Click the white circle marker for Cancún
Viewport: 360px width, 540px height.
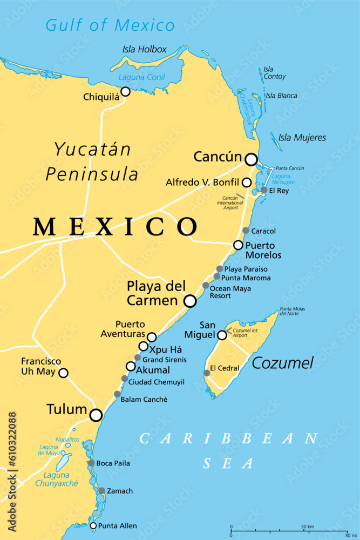pos(251,159)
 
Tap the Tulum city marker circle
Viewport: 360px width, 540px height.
pos(96,415)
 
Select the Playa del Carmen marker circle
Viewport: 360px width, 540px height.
pos(190,301)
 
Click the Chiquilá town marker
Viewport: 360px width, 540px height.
pos(125,92)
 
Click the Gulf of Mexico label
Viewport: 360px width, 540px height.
pos(110,25)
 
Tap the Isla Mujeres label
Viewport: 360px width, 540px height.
pos(302,138)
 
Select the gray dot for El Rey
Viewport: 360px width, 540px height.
pos(264,190)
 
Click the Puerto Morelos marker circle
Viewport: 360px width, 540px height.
pos(238,245)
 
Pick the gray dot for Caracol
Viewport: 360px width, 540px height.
pos(246,231)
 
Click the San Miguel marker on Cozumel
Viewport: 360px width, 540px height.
pos(222,335)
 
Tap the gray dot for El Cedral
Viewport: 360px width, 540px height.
pos(207,373)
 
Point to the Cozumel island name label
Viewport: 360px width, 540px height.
pos(282,363)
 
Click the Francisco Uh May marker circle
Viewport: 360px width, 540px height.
pos(63,373)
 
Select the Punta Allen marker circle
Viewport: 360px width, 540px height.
pos(93,526)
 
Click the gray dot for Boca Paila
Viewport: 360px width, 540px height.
pos(91,463)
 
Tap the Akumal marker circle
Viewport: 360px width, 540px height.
pos(131,366)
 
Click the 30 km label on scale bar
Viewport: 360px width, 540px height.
pos(307,526)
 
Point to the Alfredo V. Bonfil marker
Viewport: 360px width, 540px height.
pos(246,183)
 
